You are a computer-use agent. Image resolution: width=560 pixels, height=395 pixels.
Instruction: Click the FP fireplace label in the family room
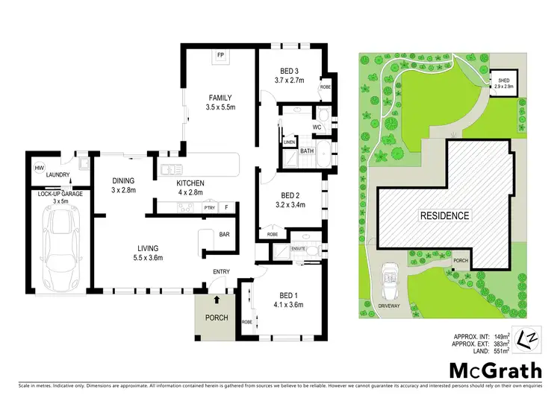(220, 56)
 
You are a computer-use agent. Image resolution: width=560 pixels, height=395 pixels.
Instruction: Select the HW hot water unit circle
(38, 168)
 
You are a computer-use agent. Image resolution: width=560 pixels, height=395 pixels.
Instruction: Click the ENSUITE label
(299, 247)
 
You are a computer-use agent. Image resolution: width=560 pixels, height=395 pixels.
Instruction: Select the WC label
(317, 127)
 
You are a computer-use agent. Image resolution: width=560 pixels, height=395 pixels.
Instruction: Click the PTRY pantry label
(210, 207)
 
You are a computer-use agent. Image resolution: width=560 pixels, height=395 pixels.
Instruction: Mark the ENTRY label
(220, 271)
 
